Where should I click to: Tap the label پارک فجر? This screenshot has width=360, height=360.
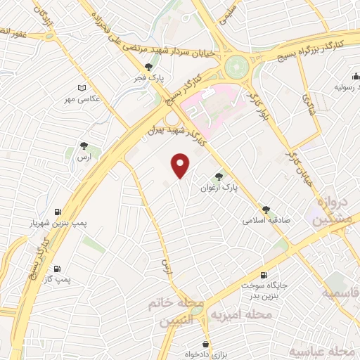tap(148, 77)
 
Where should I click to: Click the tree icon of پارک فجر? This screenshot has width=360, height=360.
tap(148, 67)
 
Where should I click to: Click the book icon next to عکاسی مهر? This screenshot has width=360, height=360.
tap(82, 88)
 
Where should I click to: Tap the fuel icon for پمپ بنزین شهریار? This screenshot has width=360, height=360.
tap(58, 212)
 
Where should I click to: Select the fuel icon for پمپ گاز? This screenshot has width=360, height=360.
tap(58, 268)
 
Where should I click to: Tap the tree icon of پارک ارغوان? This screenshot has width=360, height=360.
tap(219, 177)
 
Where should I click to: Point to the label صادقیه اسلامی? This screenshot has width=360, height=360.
tap(266, 219)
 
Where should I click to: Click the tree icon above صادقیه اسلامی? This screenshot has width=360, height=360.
tap(266, 209)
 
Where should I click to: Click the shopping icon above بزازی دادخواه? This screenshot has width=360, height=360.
tap(205, 344)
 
